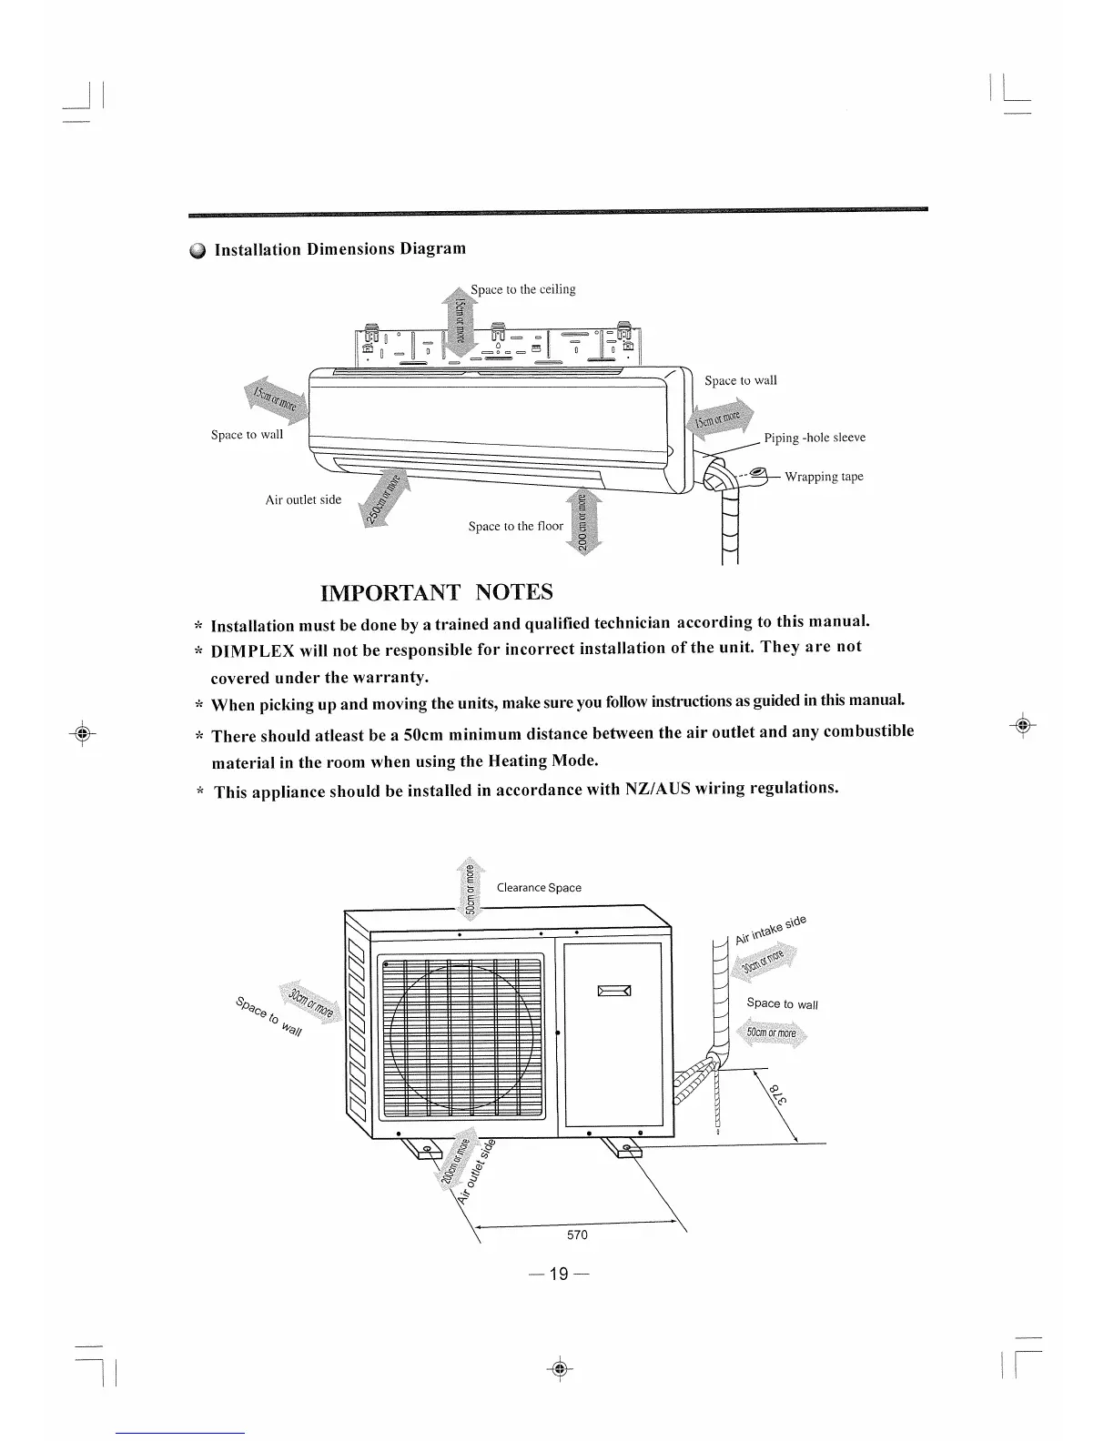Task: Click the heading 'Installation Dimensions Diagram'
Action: coord(339,249)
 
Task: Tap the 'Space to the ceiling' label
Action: coord(522,289)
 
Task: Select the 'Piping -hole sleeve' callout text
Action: coord(814,438)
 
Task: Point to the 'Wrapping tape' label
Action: coord(824,477)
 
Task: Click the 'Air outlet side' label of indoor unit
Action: coord(303,499)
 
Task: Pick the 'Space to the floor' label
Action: coord(515,526)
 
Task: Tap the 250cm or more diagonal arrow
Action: coord(385,500)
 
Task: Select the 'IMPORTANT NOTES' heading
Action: coord(437,593)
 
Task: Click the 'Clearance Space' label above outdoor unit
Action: coord(539,888)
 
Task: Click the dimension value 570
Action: coord(577,1234)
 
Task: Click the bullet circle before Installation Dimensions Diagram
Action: coord(199,251)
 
